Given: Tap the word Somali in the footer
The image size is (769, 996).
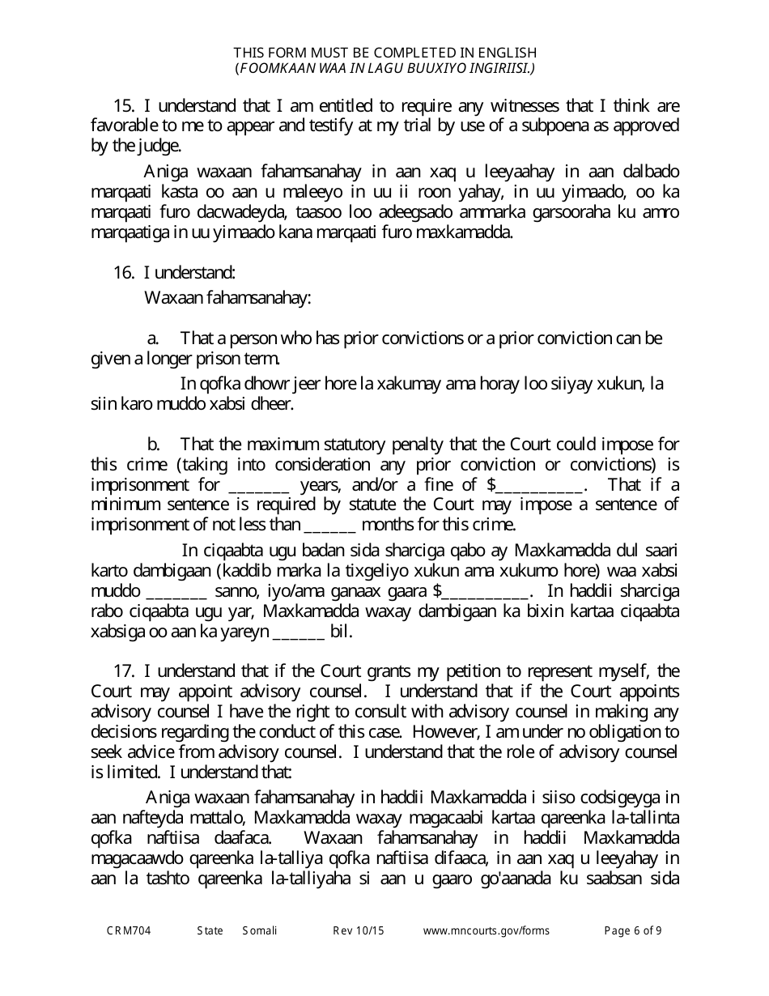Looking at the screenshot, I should tap(260, 930).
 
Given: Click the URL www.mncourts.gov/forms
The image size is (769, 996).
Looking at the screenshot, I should tap(486, 930).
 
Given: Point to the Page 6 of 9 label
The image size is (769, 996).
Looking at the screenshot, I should tap(633, 930).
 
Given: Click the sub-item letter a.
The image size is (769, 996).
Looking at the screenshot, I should tap(152, 337).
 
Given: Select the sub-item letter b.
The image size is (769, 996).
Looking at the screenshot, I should tap(152, 444).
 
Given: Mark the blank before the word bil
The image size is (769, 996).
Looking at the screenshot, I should tap(300, 632).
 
